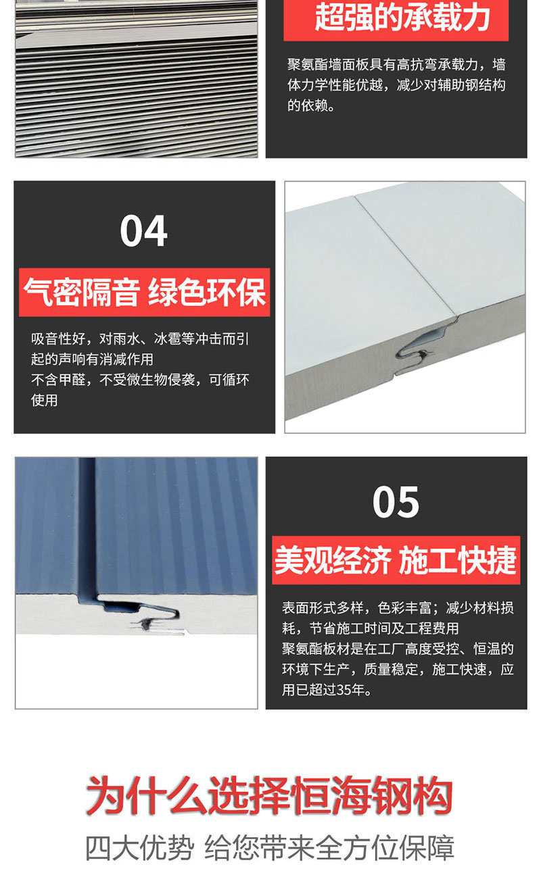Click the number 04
pos(143,230)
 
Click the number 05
pos(396,502)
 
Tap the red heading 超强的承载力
pos(402,17)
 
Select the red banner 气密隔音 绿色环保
pos(144,293)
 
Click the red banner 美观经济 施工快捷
pos(396,560)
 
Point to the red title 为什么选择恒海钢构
pos(269,795)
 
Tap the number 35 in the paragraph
pos(344,690)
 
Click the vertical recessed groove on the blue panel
pos(87,526)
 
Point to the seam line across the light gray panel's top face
pos(406,255)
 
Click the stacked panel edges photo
pos(137,78)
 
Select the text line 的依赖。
pos(311,105)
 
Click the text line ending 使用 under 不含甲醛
pos(45,400)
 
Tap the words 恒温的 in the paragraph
pos(494,649)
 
